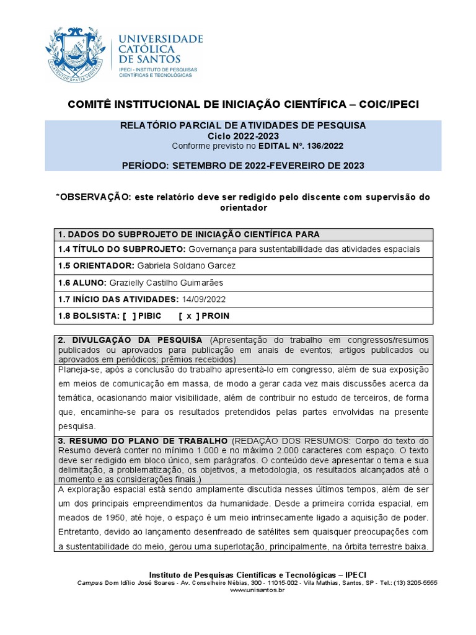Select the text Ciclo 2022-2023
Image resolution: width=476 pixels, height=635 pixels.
pyautogui.click(x=242, y=136)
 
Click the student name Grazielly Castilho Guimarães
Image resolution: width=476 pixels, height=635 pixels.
pyautogui.click(x=166, y=282)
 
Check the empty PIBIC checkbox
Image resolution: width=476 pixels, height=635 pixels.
pyautogui.click(x=129, y=316)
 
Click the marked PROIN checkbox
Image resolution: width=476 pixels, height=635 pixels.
pyautogui.click(x=189, y=316)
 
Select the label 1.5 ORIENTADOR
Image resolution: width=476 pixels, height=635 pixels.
pyautogui.click(x=95, y=265)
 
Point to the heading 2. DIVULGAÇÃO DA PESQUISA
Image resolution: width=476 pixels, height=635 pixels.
pyautogui.click(x=130, y=340)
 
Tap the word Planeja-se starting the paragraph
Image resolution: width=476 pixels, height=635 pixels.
pyautogui.click(x=78, y=369)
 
